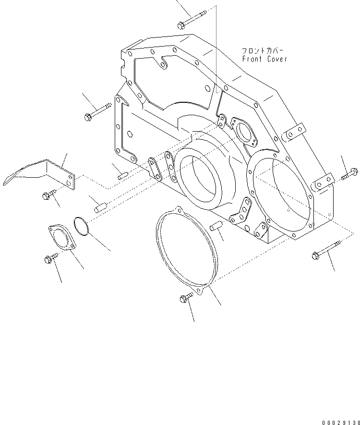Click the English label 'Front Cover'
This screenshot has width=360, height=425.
(264, 59)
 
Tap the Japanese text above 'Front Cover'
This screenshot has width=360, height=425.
(264, 50)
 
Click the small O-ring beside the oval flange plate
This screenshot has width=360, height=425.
(81, 227)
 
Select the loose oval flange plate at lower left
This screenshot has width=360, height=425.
(61, 238)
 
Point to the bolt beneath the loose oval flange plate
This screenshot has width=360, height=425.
(50, 259)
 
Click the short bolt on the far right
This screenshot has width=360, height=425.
(348, 175)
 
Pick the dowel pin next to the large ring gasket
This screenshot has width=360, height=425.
(217, 225)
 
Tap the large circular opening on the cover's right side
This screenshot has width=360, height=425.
(281, 194)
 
